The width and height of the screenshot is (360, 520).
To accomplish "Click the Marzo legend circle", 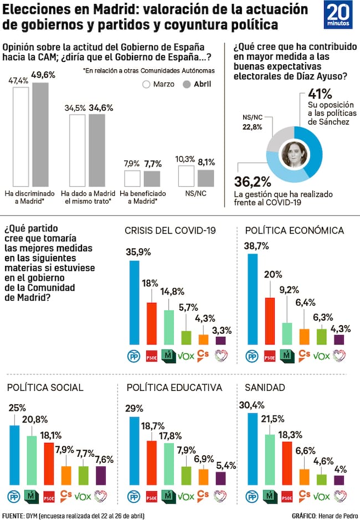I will pyautogui.click(x=147, y=84).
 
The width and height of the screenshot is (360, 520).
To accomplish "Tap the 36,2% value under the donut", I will pyautogui.click(x=252, y=182).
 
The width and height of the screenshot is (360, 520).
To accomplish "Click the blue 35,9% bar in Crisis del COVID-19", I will pyautogui.click(x=135, y=302).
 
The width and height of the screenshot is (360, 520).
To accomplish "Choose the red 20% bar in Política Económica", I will pyautogui.click(x=270, y=321).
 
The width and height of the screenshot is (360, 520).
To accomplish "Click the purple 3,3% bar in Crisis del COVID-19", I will pyautogui.click(x=221, y=341).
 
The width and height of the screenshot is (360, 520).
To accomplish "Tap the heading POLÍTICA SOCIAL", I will pyautogui.click(x=45, y=387).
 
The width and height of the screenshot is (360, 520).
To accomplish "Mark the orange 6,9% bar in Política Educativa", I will pyautogui.click(x=203, y=477).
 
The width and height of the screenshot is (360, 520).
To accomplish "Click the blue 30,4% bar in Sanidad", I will pyautogui.click(x=253, y=449).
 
